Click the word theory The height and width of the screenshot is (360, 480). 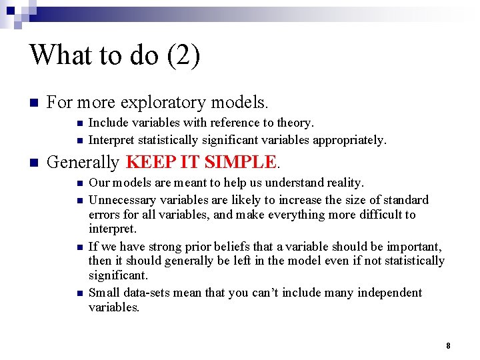pyautogui.click(x=294, y=123)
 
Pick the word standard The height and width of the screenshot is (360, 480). pyautogui.click(x=405, y=200)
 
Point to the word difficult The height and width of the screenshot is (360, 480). pyautogui.click(x=369, y=215)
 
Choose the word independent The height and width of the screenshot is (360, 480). pyautogui.click(x=389, y=293)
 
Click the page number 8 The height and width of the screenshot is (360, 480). pyautogui.click(x=448, y=345)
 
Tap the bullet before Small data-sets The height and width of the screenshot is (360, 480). pyautogui.click(x=79, y=293)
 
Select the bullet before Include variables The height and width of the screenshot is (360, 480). pyautogui.click(x=79, y=123)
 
